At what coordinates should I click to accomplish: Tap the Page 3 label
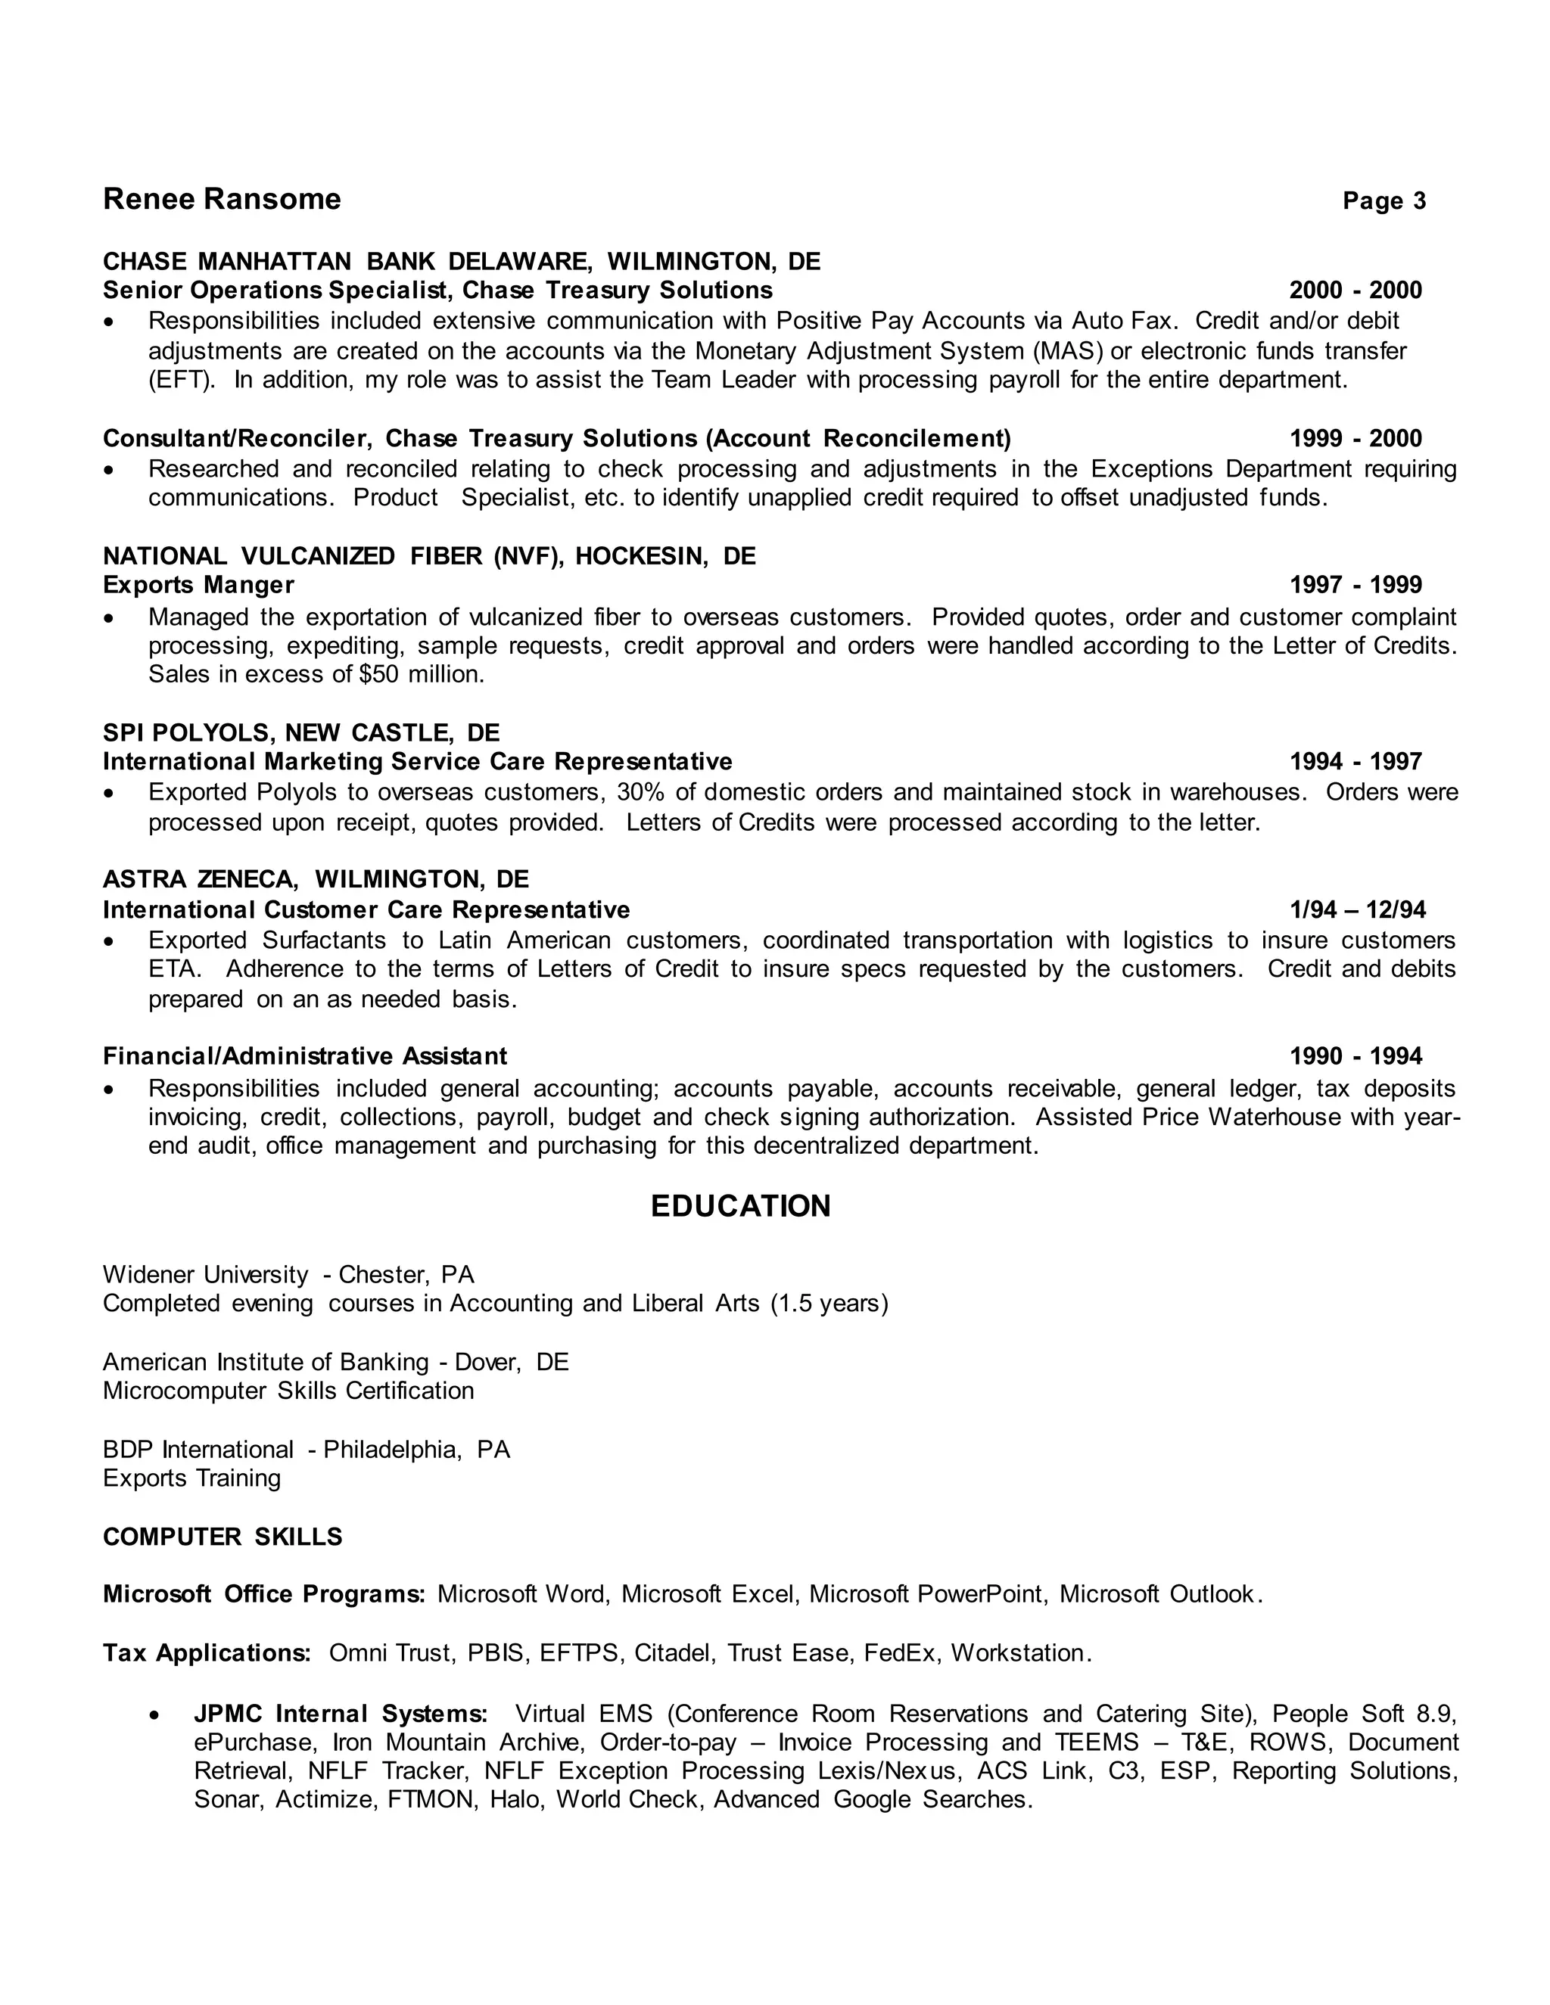(1383, 201)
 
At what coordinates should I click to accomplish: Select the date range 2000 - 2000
(1355, 291)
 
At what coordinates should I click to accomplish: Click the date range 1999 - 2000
(1355, 439)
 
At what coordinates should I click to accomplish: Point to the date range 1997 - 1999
(1355, 586)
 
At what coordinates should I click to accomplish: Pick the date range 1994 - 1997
(1355, 762)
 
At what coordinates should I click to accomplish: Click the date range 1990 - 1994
(1355, 1057)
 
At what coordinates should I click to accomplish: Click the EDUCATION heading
(740, 1206)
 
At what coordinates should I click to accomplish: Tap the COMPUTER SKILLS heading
(223, 1537)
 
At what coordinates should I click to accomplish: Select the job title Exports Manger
(198, 586)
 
